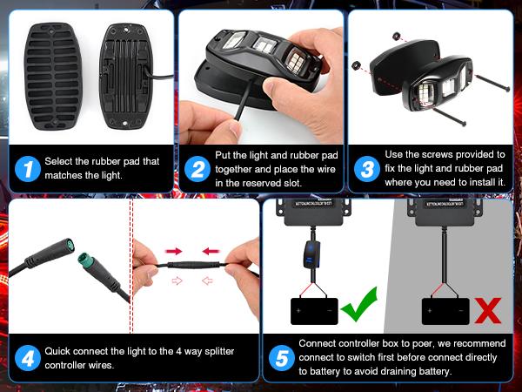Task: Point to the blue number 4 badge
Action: tap(28, 358)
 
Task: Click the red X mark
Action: tap(490, 309)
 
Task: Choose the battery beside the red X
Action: tap(445, 311)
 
